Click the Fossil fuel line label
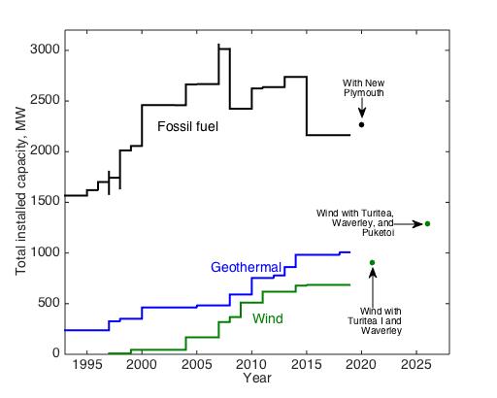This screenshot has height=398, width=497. pos(188,126)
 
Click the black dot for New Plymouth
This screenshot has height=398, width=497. pos(362,124)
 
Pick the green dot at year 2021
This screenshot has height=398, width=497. pos(372,262)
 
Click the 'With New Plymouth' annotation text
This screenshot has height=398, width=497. pos(362,87)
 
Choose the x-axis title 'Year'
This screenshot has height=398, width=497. pos(257,377)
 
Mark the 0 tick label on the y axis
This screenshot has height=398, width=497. pos(54,353)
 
